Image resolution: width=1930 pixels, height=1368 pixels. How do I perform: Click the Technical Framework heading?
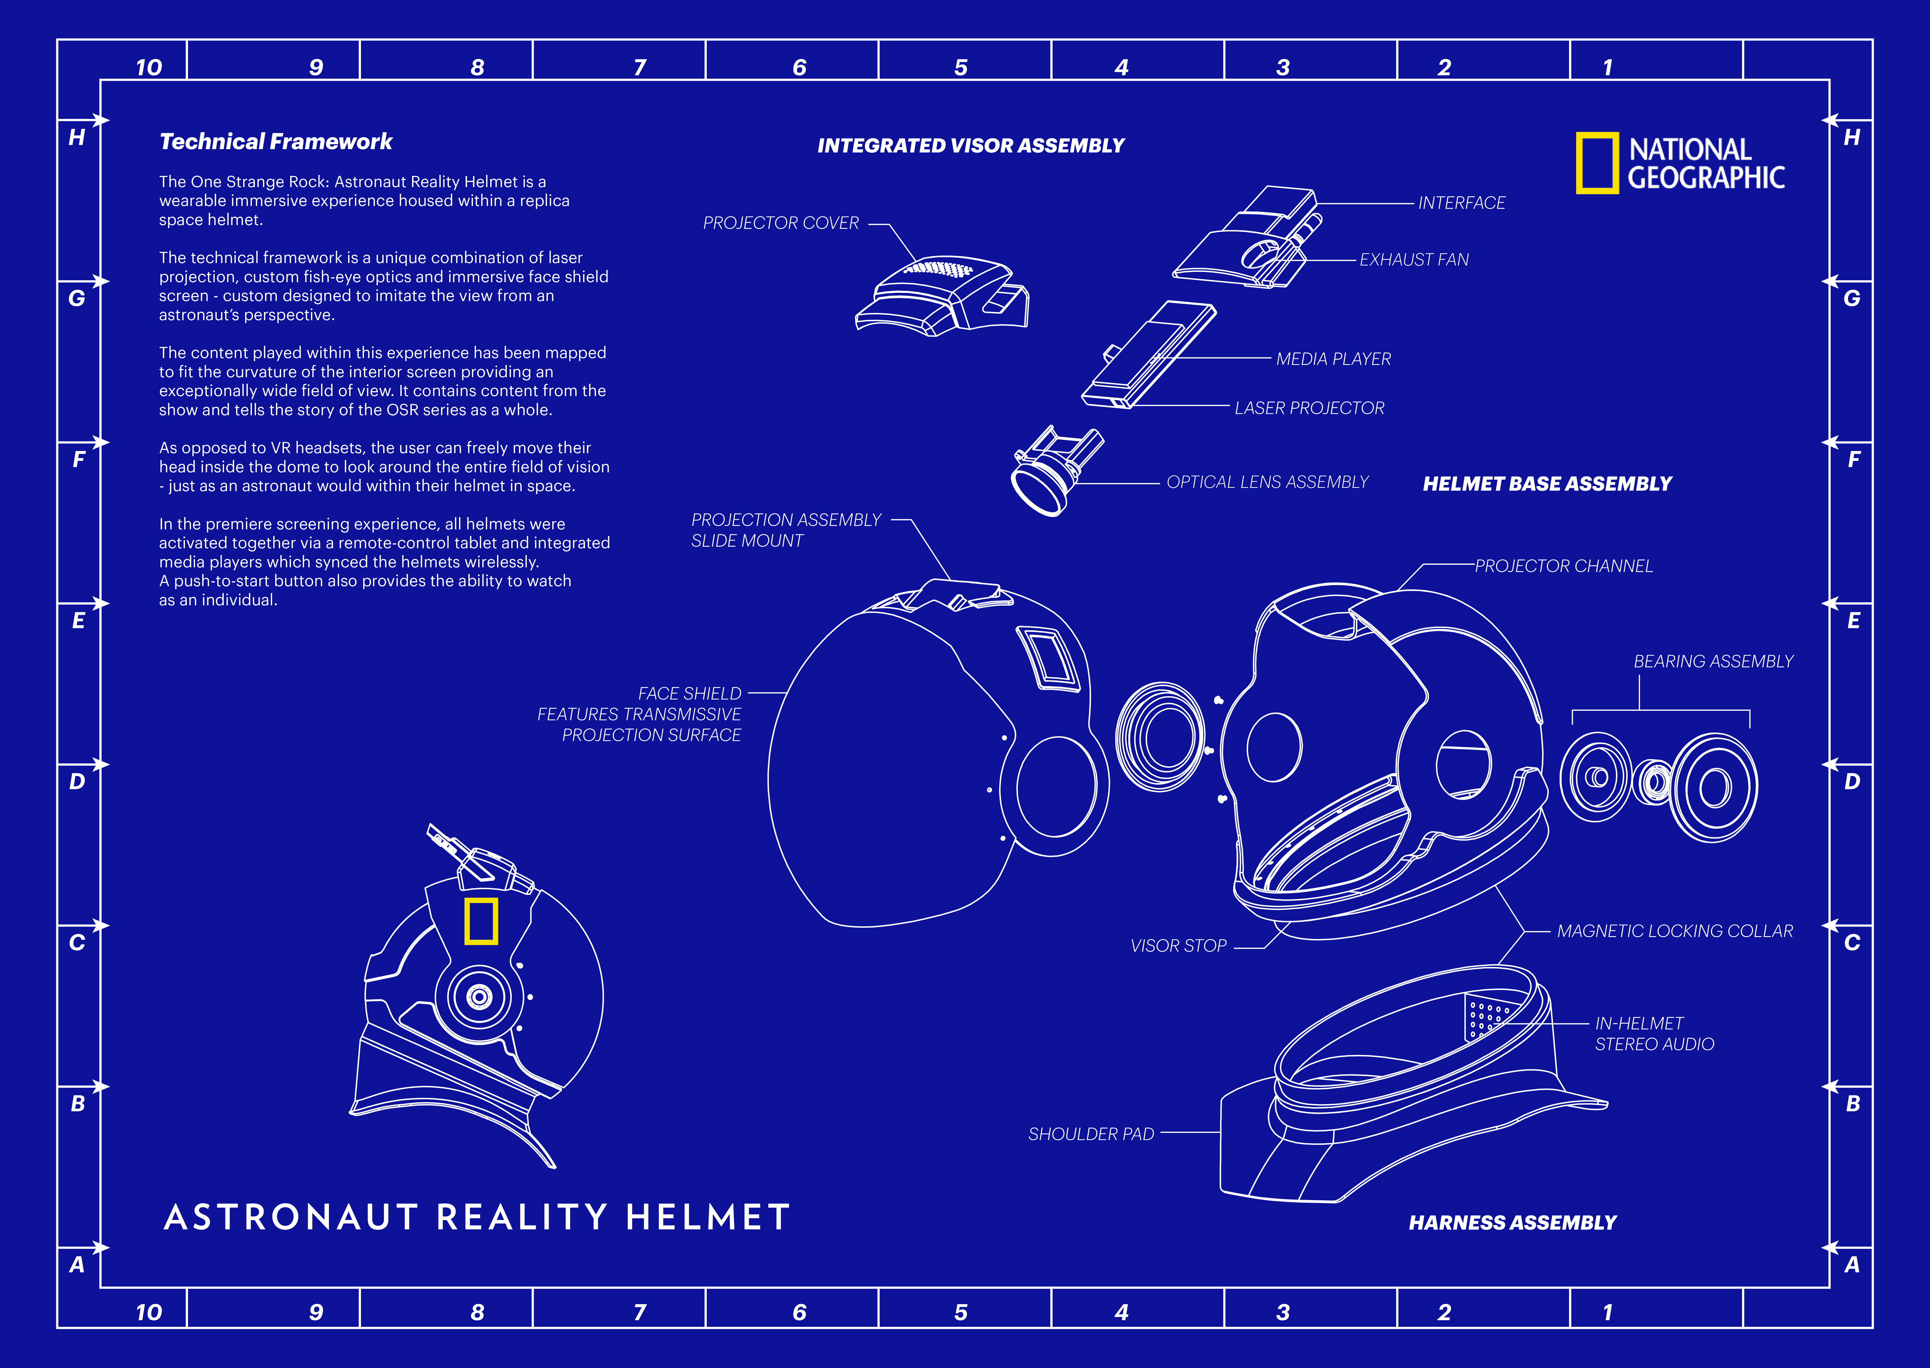click(275, 141)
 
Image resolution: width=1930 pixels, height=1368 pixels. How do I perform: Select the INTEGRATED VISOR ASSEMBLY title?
click(971, 146)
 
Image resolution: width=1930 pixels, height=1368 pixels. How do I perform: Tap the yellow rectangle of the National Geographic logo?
click(1596, 163)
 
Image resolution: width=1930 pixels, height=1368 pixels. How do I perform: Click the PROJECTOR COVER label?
click(781, 223)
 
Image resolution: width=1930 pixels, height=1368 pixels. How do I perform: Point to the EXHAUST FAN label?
click(1414, 260)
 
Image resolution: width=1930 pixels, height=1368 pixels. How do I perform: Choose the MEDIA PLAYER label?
click(1333, 359)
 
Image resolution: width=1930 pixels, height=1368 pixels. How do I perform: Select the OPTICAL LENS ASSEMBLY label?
click(1267, 482)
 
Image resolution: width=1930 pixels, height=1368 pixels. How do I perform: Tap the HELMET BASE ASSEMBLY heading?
click(1547, 483)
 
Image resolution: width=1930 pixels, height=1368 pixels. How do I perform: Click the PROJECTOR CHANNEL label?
click(1564, 566)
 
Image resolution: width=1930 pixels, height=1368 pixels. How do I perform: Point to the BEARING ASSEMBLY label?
click(1714, 661)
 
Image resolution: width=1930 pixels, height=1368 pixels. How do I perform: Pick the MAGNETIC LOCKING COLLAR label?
click(1675, 931)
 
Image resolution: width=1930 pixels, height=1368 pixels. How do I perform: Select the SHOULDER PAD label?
click(1091, 1134)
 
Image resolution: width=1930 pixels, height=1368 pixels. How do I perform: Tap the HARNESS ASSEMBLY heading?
click(1512, 1222)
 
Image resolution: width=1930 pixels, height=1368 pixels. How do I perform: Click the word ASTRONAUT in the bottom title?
click(291, 1217)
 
